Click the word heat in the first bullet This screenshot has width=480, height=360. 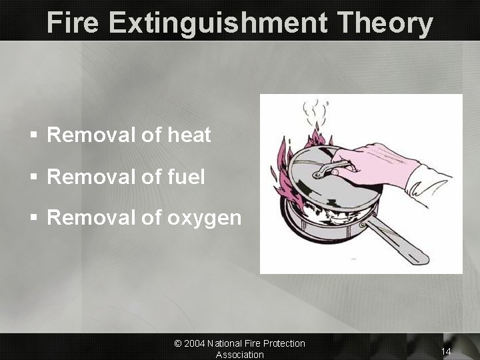click(189, 135)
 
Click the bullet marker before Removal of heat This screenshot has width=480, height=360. click(33, 136)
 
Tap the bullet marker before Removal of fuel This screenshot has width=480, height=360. click(33, 177)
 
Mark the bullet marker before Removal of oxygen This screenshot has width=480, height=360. click(33, 219)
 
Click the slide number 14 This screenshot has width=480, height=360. click(446, 351)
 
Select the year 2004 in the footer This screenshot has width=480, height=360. click(194, 343)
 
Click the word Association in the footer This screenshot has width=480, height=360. click(239, 355)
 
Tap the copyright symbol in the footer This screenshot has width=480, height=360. click(178, 343)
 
